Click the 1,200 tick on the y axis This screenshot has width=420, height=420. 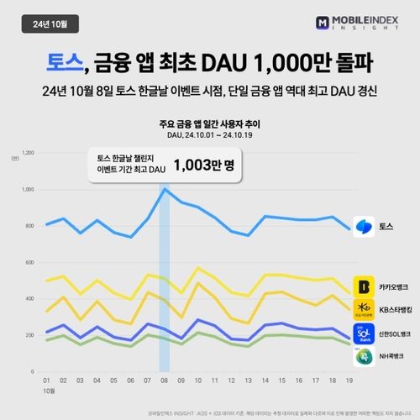click(x=29, y=153)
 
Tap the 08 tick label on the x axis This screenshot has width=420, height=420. click(x=164, y=381)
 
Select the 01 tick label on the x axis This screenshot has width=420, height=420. click(x=47, y=381)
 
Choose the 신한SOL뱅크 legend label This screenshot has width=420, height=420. click(x=395, y=335)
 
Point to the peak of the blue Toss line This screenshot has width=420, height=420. click(x=165, y=189)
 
